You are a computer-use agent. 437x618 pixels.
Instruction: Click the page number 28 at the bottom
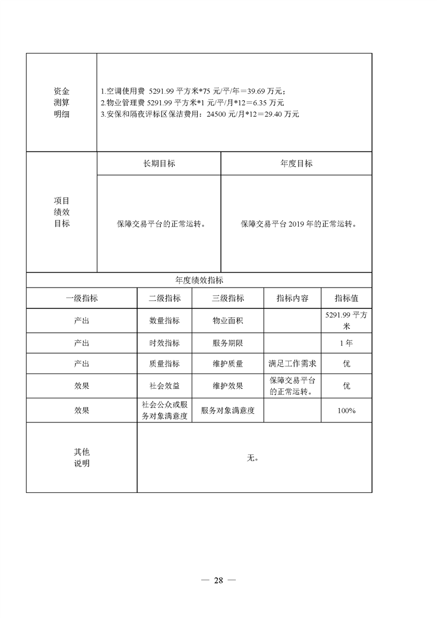(x=218, y=581)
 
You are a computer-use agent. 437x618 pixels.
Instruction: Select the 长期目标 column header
(x=159, y=164)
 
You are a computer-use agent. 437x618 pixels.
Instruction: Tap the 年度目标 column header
(x=296, y=164)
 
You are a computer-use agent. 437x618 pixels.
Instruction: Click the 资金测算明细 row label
(x=62, y=102)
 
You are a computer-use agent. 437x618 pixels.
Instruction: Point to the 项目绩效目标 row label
(x=62, y=212)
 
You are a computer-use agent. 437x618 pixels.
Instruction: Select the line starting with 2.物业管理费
(x=192, y=102)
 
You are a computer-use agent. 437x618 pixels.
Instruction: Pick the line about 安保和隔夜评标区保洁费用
(x=199, y=114)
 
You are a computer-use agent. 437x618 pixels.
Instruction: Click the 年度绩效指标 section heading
(x=199, y=280)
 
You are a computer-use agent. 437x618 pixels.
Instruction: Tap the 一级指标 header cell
(x=82, y=298)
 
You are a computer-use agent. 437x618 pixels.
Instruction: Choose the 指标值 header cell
(x=346, y=298)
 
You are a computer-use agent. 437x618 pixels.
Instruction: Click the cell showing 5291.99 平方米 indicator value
(x=346, y=321)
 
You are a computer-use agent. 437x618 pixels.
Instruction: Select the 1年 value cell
(x=346, y=343)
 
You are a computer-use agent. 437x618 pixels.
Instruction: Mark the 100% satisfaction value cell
(x=346, y=410)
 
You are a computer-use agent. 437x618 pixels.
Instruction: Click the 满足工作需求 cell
(x=292, y=364)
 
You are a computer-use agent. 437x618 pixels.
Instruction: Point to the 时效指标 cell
(x=164, y=343)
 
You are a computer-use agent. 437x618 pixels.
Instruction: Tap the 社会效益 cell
(x=164, y=386)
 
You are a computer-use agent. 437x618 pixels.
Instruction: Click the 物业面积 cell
(x=228, y=321)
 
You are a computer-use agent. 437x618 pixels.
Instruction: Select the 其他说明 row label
(x=82, y=458)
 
